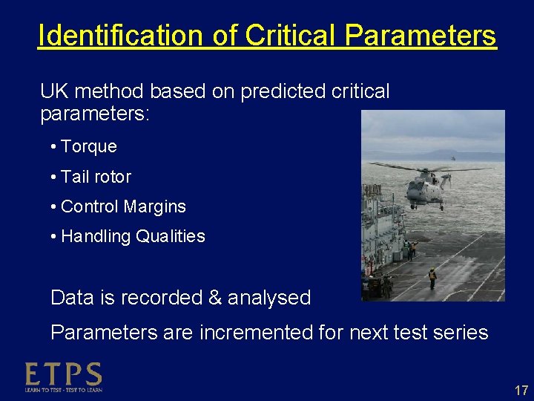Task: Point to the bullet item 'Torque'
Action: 88,146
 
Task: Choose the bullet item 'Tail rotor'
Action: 96,177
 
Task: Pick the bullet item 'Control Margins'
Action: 123,206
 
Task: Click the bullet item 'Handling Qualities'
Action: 133,236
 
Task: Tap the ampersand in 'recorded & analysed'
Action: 215,298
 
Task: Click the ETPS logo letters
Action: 63,374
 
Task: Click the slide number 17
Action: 521,390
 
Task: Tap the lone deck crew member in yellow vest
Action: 432,276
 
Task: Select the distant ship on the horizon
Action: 454,158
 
